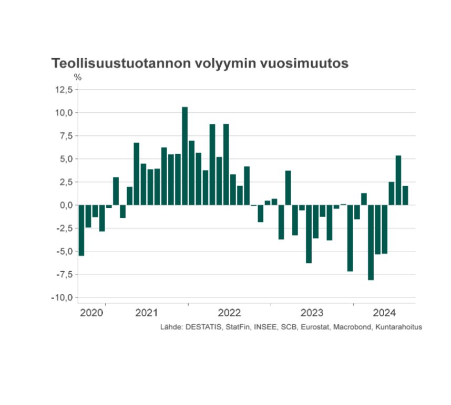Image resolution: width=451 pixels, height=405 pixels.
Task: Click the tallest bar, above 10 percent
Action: click(184, 156)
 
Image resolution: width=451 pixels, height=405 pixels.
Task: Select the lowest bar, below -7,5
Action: click(371, 242)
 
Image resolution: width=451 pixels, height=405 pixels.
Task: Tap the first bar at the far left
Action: click(81, 230)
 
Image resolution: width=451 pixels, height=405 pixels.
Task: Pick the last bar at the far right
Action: click(405, 196)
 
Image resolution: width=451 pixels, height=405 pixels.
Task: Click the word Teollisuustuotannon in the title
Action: click(121, 63)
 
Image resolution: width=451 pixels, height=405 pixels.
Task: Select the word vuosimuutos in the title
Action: click(304, 63)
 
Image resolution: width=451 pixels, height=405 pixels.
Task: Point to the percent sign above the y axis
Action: click(78, 77)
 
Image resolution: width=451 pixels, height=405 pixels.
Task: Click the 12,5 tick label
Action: click(64, 90)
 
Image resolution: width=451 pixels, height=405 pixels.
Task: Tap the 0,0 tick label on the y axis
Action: click(66, 205)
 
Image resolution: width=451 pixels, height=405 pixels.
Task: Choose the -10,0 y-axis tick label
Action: click(62, 297)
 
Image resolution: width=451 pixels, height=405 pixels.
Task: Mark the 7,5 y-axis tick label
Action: click(66, 136)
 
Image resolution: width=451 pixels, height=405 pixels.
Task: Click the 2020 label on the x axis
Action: click(91, 313)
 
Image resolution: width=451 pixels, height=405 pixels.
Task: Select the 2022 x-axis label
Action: click(229, 313)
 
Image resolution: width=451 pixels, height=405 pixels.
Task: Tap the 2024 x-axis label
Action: click(384, 313)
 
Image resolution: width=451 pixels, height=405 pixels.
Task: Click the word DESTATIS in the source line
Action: click(203, 327)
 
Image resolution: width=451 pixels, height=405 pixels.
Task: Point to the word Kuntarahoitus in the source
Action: click(398, 327)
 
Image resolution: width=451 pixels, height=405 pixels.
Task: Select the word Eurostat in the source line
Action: click(316, 327)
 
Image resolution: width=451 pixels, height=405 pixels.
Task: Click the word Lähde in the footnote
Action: click(171, 327)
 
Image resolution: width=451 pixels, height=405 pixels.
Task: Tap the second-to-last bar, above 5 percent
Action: click(398, 180)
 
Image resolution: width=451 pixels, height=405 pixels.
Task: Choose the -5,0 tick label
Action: click(65, 251)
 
